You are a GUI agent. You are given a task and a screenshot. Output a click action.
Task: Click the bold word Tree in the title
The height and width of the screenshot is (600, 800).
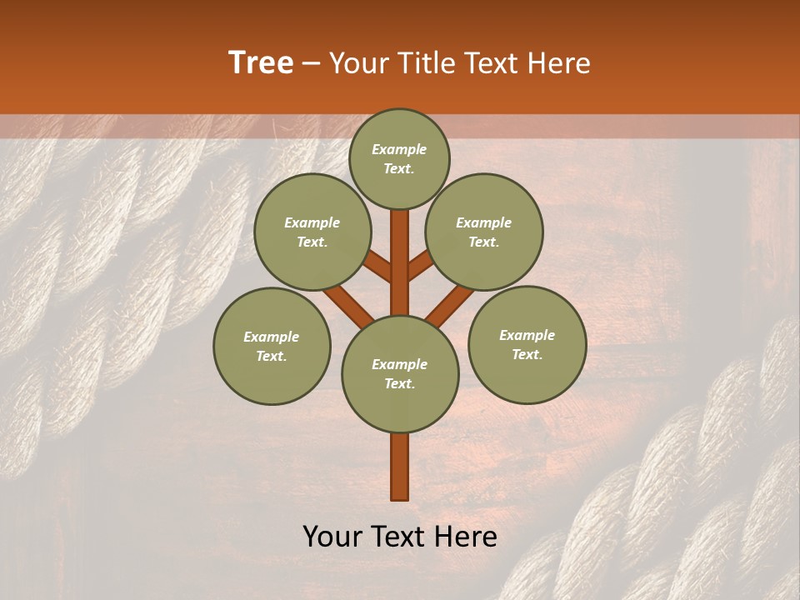261,63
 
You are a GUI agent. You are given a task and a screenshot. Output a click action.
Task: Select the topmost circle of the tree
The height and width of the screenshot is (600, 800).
399,158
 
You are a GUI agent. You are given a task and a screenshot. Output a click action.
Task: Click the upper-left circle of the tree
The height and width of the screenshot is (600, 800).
312,232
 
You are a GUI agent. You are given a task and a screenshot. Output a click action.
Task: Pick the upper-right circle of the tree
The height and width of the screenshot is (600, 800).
484,232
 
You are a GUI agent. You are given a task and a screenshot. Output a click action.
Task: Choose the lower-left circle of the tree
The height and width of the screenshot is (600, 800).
272,346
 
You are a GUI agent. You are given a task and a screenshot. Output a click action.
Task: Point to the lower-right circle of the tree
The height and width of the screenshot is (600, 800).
527,344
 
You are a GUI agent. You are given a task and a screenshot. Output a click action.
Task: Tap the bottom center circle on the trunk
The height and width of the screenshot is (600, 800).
400,374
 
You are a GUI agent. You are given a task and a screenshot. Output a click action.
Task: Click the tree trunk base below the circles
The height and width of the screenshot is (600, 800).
400,467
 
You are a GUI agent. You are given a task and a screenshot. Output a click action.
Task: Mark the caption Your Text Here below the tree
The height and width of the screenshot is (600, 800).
400,537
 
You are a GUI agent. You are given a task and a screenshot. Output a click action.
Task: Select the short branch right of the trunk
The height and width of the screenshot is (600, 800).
420,267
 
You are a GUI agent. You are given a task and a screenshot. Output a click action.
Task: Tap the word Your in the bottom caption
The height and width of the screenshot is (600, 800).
332,537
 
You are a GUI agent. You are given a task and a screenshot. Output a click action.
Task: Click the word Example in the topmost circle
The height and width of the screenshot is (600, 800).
399,149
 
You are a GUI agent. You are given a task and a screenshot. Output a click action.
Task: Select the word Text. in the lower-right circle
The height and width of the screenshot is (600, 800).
527,354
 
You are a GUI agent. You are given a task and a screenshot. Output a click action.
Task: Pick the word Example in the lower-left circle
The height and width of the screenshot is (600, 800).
272,337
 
